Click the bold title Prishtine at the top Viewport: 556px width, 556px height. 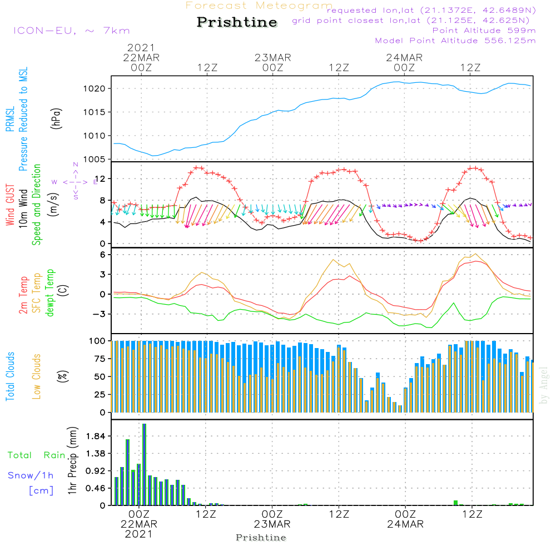[x=237, y=22]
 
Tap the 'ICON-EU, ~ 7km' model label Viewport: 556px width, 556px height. [x=72, y=31]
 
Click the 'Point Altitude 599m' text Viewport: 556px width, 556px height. [x=484, y=31]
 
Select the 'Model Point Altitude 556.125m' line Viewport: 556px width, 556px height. [x=455, y=41]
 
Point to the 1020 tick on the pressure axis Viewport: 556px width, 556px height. [x=95, y=88]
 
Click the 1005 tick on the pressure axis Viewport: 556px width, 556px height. [x=95, y=160]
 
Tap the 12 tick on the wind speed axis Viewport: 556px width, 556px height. [x=101, y=178]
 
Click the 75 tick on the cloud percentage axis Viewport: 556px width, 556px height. [x=100, y=359]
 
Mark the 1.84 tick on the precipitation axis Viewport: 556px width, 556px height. [x=96, y=436]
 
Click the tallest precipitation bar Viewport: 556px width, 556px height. [x=145, y=464]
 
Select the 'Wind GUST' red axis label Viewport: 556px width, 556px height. [x=10, y=205]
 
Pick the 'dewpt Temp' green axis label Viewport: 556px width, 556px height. [x=50, y=292]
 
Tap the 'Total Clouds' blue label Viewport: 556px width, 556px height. [x=10, y=376]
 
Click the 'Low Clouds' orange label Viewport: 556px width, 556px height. [x=37, y=376]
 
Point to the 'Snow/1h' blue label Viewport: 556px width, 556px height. [x=31, y=475]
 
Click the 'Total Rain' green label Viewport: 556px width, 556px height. [x=37, y=455]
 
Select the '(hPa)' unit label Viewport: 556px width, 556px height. [x=56, y=118]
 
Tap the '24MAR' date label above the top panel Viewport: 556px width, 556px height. [x=404, y=58]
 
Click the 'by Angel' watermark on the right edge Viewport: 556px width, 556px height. [x=544, y=385]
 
